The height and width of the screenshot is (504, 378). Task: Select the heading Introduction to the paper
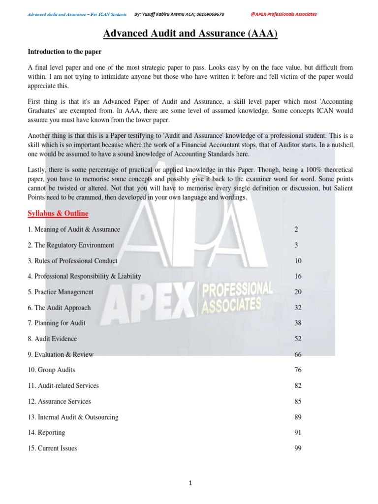[64, 51]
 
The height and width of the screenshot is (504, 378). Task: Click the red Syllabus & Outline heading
[58, 213]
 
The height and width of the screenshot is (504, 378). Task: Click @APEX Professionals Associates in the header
[283, 14]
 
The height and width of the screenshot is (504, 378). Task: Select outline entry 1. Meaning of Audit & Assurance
[74, 229]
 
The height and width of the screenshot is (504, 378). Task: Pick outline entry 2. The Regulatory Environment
[71, 245]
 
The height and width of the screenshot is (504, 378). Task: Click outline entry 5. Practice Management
[61, 292]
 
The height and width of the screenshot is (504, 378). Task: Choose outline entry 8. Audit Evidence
[52, 339]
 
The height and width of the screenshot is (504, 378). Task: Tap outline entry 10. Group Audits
[51, 370]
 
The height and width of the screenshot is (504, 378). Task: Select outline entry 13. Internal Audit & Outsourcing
[73, 417]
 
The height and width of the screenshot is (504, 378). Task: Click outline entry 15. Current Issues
[52, 448]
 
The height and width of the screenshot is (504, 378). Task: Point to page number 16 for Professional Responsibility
[298, 276]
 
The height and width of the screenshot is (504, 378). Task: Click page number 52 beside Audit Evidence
[298, 339]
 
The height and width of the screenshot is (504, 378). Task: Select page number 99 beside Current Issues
[298, 448]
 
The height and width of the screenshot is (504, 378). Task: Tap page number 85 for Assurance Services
[298, 401]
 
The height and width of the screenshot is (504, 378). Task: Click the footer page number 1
[190, 483]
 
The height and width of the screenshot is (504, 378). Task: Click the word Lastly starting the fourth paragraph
[37, 170]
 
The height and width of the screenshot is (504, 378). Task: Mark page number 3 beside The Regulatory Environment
[296, 245]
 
